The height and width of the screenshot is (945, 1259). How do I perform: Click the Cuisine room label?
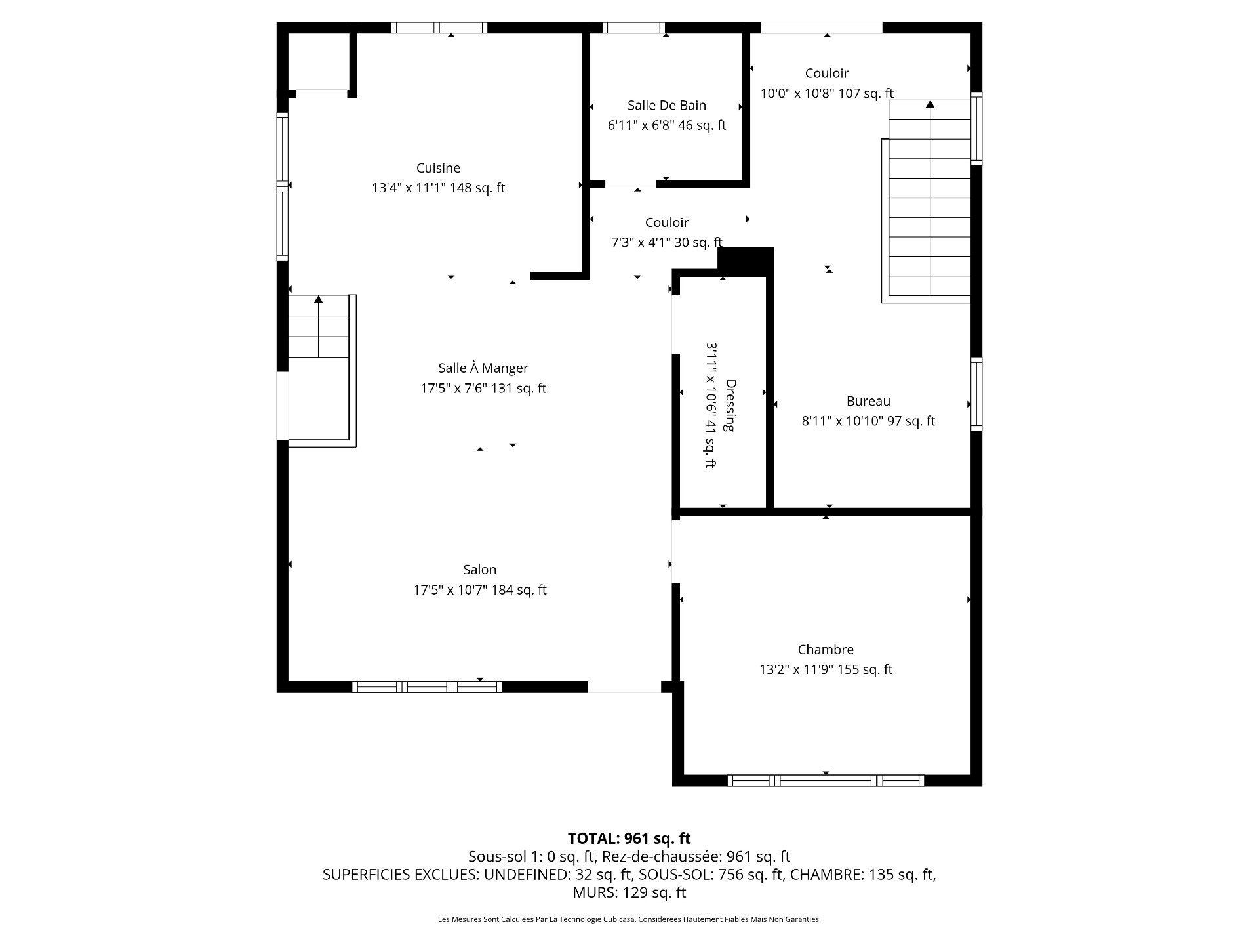[x=438, y=168]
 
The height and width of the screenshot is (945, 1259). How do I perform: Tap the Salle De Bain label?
[x=666, y=105]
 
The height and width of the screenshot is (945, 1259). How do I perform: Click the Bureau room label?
[x=868, y=401]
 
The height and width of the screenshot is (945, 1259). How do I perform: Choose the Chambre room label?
[x=826, y=650]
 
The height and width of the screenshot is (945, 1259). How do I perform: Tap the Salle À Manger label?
[x=483, y=368]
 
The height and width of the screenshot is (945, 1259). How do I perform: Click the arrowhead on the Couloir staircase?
[x=930, y=104]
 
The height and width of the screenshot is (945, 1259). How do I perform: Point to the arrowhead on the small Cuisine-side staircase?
[x=319, y=299]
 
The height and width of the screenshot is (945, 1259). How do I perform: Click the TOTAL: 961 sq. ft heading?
[x=629, y=838]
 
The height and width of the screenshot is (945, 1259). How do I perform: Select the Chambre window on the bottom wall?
[x=826, y=780]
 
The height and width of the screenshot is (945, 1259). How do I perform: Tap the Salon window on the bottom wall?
[x=427, y=687]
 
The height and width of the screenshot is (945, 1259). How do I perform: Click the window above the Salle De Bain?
[x=633, y=28]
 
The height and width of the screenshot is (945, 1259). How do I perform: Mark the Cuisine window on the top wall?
[x=439, y=28]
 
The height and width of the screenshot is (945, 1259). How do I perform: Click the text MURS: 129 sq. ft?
[x=629, y=892]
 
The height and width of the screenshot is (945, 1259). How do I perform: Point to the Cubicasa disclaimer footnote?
[x=629, y=919]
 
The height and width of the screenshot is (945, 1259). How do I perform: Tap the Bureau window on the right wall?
[x=976, y=394]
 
